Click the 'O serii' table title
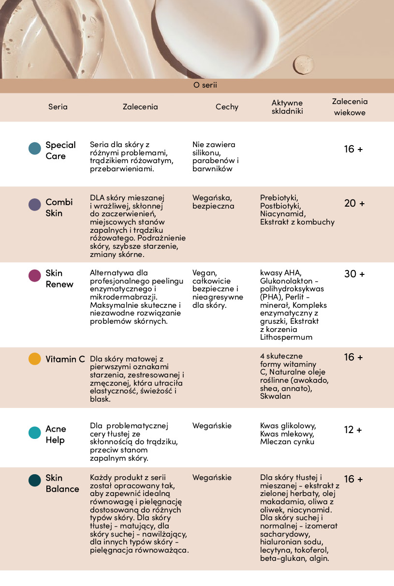tap(205, 85)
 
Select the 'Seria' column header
tap(58, 107)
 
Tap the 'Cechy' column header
tap(227, 107)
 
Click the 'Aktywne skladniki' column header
tap(287, 107)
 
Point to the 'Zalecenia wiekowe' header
tap(350, 107)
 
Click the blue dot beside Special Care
tap(35, 149)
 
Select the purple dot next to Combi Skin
tap(35, 204)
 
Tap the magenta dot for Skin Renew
tap(35, 275)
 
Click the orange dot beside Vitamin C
tap(35, 359)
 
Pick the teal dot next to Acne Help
tap(35, 433)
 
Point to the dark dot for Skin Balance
tap(35, 481)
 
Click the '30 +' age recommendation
tap(354, 274)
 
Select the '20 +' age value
tap(354, 203)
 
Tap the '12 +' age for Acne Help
tap(353, 430)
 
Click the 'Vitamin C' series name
tap(65, 359)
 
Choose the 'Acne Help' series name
tap(56, 435)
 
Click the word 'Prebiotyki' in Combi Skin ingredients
tap(279, 197)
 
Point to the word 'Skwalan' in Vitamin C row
tap(276, 396)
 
